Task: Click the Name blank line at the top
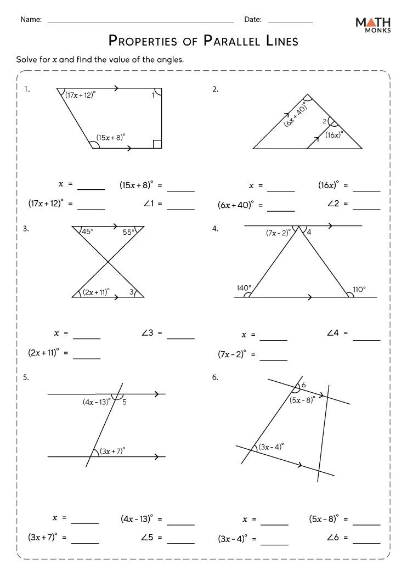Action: pos(140,22)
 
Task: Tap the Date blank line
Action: pos(290,22)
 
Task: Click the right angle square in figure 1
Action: pos(157,144)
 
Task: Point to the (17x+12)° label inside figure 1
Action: pos(80,95)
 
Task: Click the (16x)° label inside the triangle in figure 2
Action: pos(333,134)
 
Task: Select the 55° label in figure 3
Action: pos(128,232)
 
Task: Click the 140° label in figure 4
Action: pos(244,287)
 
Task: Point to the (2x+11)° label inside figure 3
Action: pos(95,292)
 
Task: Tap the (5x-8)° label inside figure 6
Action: pos(302,399)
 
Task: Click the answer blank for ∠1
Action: pos(181,208)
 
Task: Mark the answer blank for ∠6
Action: pos(366,542)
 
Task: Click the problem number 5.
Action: pos(26,377)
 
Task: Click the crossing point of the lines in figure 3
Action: pos(108,262)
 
